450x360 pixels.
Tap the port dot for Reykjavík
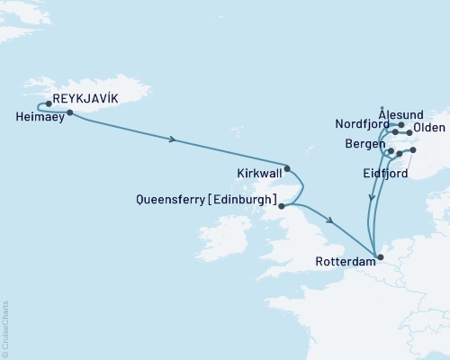tap(49, 103)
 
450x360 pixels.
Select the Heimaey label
tap(40, 116)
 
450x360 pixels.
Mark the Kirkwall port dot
tap(287, 167)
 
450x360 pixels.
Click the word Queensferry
tap(167, 202)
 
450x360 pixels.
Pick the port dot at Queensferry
tap(282, 206)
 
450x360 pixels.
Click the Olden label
tap(427, 129)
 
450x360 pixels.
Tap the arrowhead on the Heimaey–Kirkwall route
tap(172, 139)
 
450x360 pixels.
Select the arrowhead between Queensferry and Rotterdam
tap(332, 221)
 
